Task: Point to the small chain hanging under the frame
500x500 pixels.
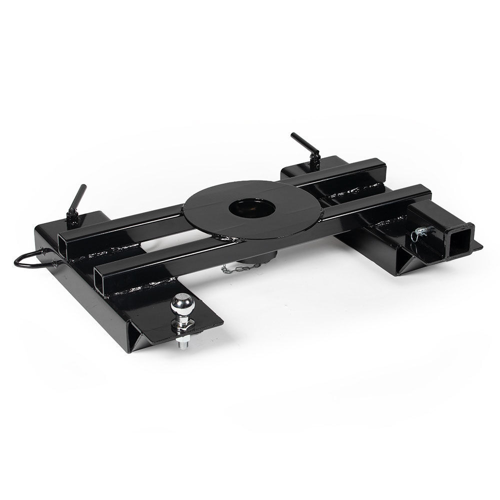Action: click(240, 268)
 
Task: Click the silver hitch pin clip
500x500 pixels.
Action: click(419, 232)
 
